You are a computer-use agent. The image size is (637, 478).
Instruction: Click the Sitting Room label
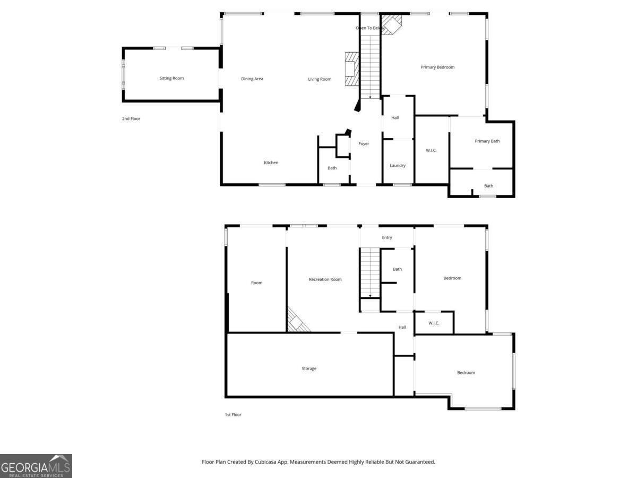click(171, 78)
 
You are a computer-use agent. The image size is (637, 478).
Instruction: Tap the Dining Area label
click(252, 79)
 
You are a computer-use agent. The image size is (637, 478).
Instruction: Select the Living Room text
click(320, 79)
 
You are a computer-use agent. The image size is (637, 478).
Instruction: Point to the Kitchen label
click(271, 163)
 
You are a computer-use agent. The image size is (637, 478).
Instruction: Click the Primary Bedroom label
click(437, 67)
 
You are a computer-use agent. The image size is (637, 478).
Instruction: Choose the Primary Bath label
click(487, 141)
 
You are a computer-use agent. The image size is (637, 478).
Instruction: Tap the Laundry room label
click(398, 165)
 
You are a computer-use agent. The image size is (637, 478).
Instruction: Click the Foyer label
click(364, 143)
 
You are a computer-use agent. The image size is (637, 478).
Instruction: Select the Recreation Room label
click(325, 279)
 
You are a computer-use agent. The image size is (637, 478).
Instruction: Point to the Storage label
click(309, 368)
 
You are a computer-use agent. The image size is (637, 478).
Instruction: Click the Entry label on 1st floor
click(387, 237)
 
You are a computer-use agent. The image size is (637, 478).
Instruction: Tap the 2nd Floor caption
click(131, 118)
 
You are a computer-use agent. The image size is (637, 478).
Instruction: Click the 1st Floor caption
click(233, 414)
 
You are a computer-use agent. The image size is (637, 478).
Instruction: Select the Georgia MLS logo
click(36, 466)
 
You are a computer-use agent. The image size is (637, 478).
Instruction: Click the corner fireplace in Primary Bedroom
click(391, 24)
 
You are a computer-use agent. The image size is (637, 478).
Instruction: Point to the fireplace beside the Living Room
click(352, 69)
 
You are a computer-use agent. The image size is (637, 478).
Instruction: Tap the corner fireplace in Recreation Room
click(298, 320)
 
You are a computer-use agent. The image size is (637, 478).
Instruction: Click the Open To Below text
click(370, 28)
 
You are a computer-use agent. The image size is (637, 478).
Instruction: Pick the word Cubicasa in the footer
click(265, 462)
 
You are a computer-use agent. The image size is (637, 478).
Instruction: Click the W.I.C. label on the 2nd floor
click(431, 150)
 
